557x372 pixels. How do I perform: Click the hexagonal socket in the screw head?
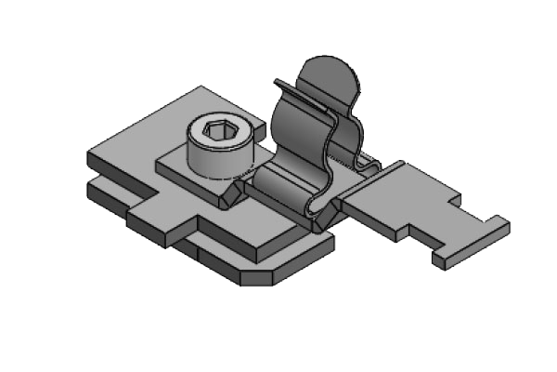click(x=219, y=134)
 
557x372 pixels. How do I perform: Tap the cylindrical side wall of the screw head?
click(x=214, y=160)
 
